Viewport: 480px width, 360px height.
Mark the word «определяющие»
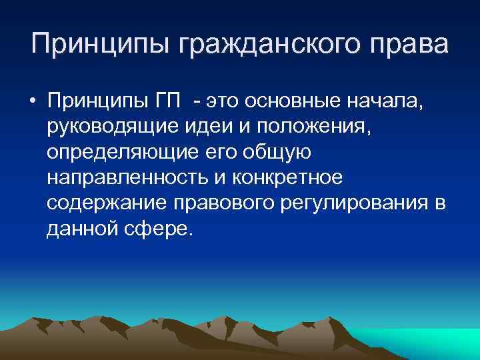tap(121, 153)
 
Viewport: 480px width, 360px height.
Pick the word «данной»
tap(79, 229)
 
